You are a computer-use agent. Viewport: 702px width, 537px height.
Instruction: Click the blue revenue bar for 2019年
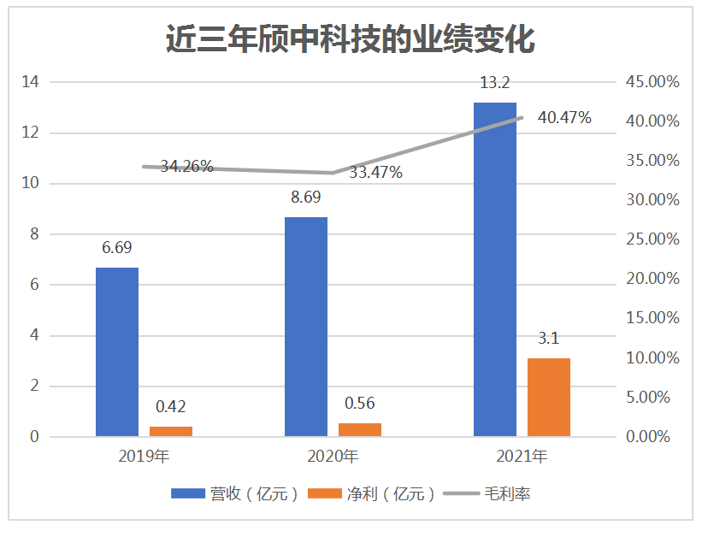pyautogui.click(x=116, y=352)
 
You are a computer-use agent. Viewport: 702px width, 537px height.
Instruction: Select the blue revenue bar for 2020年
pyautogui.click(x=305, y=327)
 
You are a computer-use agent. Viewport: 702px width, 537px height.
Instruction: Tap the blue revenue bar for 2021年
pyautogui.click(x=495, y=269)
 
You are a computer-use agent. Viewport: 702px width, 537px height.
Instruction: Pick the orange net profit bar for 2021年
pyautogui.click(x=548, y=397)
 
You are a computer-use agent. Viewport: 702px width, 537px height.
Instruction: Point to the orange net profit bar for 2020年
pyautogui.click(x=359, y=429)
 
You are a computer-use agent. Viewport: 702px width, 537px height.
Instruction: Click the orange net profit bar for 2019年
pyautogui.click(x=170, y=431)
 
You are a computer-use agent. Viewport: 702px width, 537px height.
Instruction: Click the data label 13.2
pyautogui.click(x=495, y=83)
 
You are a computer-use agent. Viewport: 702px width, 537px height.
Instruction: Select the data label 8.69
pyautogui.click(x=306, y=198)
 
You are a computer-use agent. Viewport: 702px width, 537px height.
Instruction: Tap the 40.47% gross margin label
pyautogui.click(x=564, y=118)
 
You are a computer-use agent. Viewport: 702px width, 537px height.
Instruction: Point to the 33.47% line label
pyautogui.click(x=376, y=172)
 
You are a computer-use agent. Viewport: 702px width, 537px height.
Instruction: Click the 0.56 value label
pyautogui.click(x=359, y=404)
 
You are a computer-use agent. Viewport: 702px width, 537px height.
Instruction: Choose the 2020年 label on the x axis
pyautogui.click(x=333, y=457)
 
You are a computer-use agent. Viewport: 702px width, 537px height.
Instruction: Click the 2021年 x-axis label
pyautogui.click(x=522, y=457)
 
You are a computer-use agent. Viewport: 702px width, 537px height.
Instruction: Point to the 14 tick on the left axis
pyautogui.click(x=32, y=82)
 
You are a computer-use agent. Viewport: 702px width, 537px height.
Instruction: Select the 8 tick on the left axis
pyautogui.click(x=35, y=234)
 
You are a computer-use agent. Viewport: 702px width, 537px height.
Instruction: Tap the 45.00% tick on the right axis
pyautogui.click(x=652, y=82)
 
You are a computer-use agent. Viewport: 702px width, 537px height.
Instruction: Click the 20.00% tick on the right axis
pyautogui.click(x=652, y=279)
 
